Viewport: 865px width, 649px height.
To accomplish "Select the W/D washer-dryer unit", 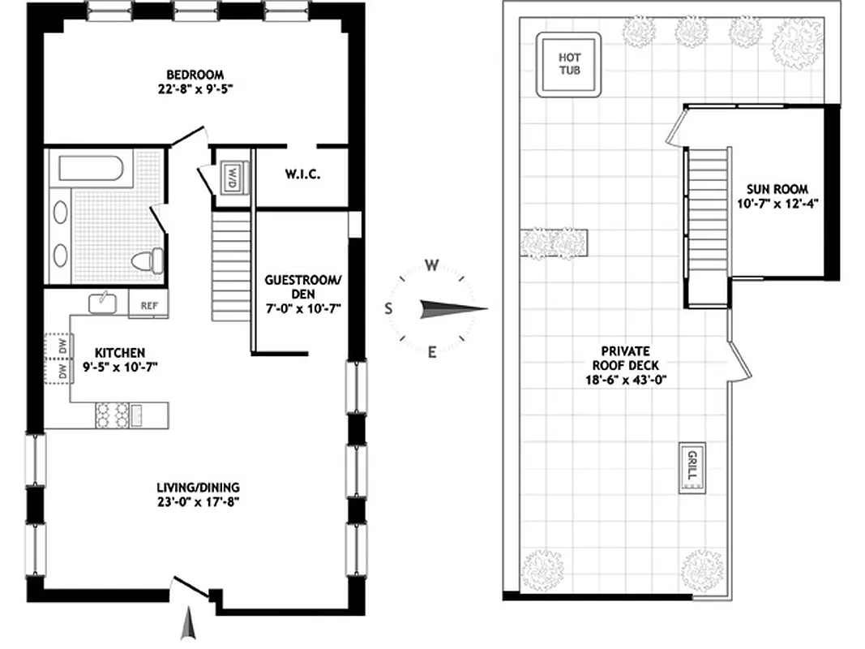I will coord(231,176).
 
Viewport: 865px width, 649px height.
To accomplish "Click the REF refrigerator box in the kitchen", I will coord(148,306).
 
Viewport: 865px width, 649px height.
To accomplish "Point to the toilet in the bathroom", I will coord(146,262).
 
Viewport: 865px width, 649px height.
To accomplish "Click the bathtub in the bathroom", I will coord(90,170).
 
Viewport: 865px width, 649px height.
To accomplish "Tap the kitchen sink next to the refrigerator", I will coord(104,302).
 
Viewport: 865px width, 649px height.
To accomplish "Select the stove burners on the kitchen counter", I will coord(112,415).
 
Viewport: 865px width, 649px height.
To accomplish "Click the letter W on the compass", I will coord(433,265).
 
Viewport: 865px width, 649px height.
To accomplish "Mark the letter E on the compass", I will coord(432,351).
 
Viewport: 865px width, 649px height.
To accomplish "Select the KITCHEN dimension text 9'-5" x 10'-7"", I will coord(120,367).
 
